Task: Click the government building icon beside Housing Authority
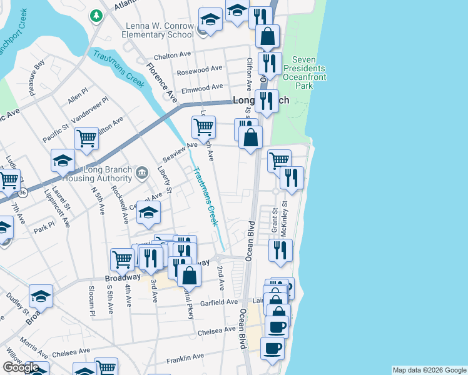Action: (142, 172)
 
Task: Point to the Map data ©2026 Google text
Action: (429, 370)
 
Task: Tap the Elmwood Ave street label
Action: (202, 89)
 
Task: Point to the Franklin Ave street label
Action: (185, 358)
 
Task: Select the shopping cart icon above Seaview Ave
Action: (203, 127)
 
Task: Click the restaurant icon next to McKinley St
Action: (292, 178)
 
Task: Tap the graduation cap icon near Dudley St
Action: (41, 296)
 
